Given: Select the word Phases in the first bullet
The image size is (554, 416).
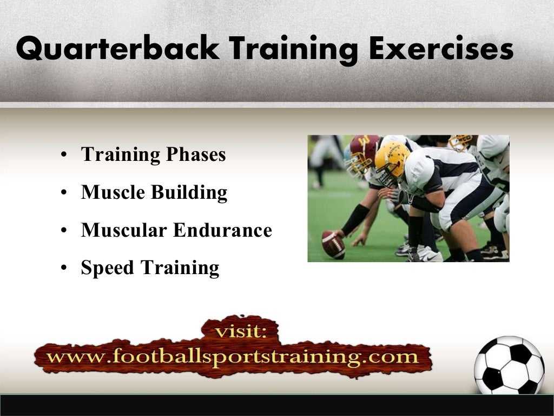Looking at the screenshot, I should click(x=196, y=155).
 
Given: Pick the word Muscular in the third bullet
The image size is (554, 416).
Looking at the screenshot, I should click(x=124, y=231).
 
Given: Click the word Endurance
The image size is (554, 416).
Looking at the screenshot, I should click(x=222, y=231).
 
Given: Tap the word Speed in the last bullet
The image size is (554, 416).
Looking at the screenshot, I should click(x=108, y=268).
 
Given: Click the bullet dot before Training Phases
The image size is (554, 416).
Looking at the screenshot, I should click(x=64, y=156).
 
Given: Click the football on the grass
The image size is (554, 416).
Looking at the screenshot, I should click(x=333, y=244).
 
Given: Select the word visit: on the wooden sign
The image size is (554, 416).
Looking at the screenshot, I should click(x=240, y=331).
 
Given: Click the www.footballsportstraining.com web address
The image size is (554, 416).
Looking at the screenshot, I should click(x=233, y=357).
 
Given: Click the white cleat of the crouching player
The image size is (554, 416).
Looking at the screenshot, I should click(x=427, y=255).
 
